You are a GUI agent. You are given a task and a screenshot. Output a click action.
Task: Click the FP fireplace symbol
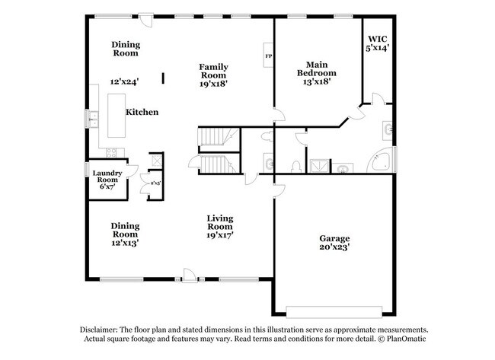[267, 56]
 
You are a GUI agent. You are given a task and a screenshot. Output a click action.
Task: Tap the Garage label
[334, 238]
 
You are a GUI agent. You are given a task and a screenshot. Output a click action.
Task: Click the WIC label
[378, 39]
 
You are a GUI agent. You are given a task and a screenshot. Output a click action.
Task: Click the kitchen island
[117, 112]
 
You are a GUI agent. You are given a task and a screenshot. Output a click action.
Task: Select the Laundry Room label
[107, 177]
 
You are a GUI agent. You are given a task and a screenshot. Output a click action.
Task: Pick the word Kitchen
[142, 112]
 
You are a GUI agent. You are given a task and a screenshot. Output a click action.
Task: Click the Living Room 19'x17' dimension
[220, 236]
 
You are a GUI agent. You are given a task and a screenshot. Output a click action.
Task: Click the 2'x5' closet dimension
[155, 183]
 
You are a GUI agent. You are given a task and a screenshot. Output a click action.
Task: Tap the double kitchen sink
[94, 118]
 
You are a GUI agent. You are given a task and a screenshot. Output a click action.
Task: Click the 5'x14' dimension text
[378, 49]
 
